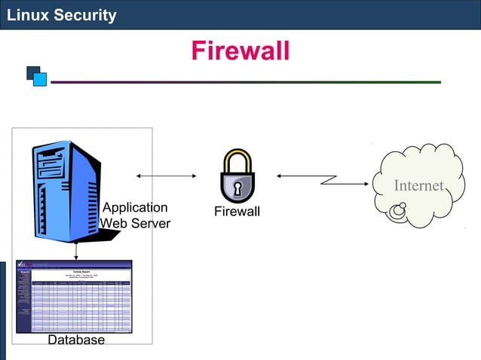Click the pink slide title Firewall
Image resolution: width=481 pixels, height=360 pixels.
[x=240, y=50]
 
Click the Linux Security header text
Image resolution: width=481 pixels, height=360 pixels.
[x=61, y=15]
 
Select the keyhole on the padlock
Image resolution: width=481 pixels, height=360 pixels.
[x=237, y=186]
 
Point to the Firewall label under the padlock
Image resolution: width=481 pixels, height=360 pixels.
[x=237, y=212]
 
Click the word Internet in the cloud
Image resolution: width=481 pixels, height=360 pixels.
[x=418, y=186]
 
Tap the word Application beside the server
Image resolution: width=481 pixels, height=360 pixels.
[x=135, y=208]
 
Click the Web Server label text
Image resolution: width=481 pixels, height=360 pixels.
[x=136, y=224]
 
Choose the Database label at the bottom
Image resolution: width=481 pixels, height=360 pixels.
[x=76, y=340]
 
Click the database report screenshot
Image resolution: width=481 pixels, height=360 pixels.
[x=74, y=297]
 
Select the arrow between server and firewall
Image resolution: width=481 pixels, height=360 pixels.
[x=166, y=176]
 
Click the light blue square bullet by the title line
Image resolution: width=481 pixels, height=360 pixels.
[x=40, y=78]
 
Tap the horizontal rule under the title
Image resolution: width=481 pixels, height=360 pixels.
[x=245, y=82]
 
